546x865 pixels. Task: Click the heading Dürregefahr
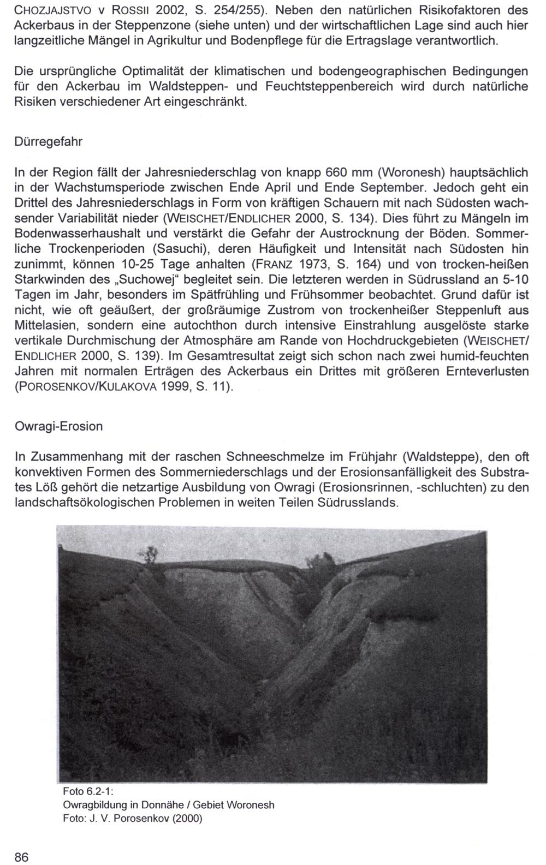point(48,141)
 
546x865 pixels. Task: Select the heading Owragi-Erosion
point(58,426)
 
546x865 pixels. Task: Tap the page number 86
point(21,857)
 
